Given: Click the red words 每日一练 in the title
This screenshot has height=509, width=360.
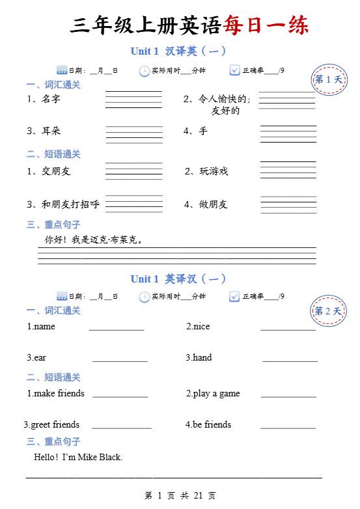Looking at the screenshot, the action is click(x=265, y=25).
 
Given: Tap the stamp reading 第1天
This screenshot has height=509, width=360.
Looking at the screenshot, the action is click(x=328, y=79).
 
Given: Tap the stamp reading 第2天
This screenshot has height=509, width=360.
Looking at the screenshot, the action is click(x=328, y=311).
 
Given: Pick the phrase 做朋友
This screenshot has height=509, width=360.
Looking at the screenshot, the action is click(x=214, y=204).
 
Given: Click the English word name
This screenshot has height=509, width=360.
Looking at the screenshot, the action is click(x=44, y=326).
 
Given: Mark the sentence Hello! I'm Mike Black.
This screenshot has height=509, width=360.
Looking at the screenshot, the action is click(x=78, y=457).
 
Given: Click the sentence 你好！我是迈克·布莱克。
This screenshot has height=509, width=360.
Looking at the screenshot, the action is click(x=94, y=240).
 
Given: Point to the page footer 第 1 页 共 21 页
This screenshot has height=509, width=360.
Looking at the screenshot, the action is click(x=180, y=496).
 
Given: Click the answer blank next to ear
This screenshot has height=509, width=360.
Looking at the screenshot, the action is click(x=120, y=359).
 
